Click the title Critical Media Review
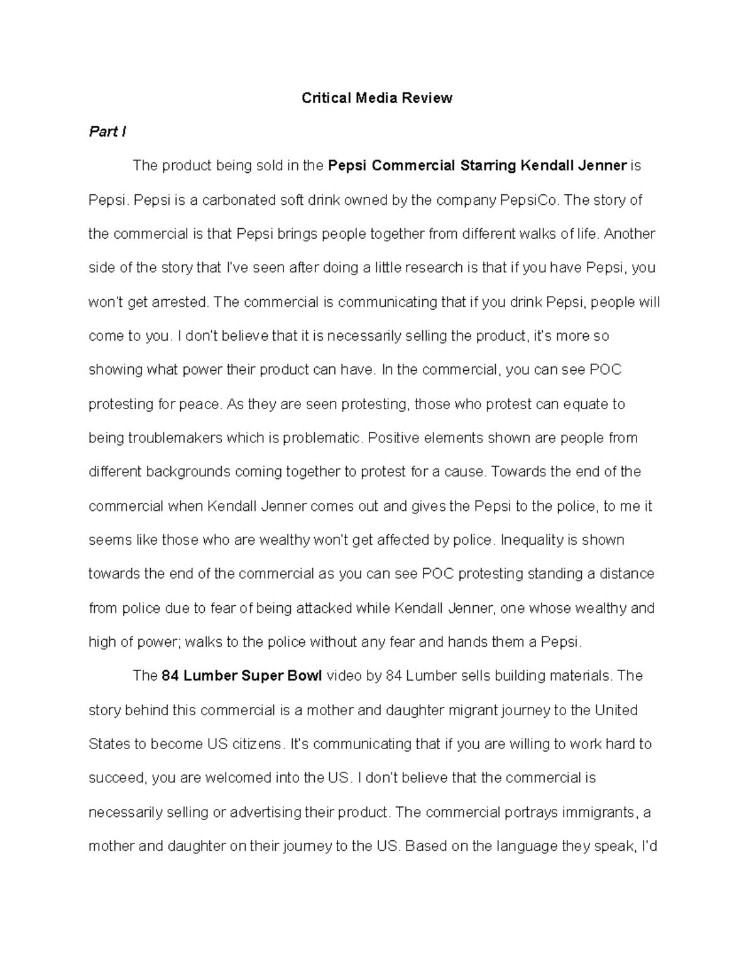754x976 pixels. click(376, 98)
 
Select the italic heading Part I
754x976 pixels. click(107, 132)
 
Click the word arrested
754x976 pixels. click(180, 302)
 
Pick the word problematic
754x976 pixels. click(323, 438)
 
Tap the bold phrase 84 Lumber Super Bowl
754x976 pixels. click(242, 676)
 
